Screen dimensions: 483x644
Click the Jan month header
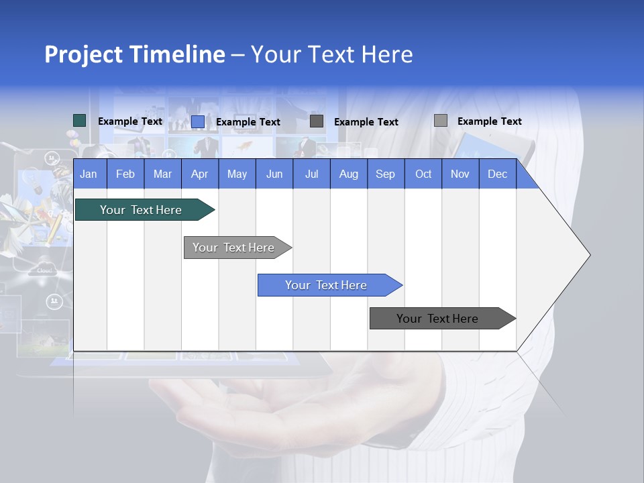[x=89, y=174]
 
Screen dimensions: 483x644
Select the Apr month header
[x=199, y=174]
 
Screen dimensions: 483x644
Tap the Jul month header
[x=311, y=174]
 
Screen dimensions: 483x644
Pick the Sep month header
[x=385, y=174]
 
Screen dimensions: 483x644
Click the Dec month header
[x=497, y=174]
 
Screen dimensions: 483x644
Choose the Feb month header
[x=125, y=174]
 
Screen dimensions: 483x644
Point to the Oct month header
[x=423, y=174]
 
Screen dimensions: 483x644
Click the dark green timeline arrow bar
[x=141, y=210]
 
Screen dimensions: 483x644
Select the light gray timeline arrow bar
[x=233, y=248]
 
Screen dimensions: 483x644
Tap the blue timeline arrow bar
[x=326, y=285]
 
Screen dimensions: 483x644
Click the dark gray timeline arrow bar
[x=437, y=319]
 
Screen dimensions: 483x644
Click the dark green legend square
[x=80, y=121]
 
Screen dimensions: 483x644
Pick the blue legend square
[x=198, y=121]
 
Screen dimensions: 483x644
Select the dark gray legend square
[x=317, y=121]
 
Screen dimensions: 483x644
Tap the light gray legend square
[x=440, y=121]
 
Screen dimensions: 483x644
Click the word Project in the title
[x=83, y=54]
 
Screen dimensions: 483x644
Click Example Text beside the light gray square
[x=489, y=121]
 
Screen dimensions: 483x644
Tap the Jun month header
[x=274, y=174]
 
